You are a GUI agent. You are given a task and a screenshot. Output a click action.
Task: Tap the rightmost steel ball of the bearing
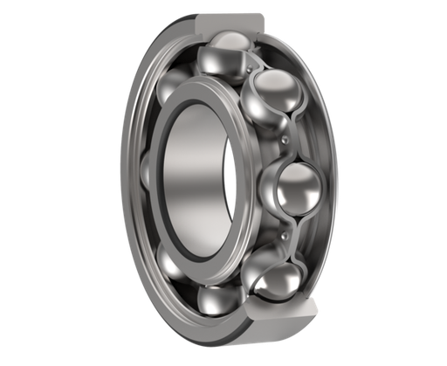tap(297, 187)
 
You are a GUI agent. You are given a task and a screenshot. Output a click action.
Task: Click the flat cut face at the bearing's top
tap(229, 19)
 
